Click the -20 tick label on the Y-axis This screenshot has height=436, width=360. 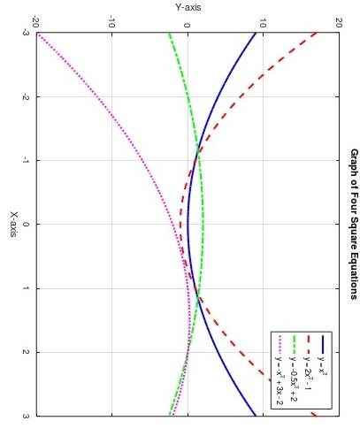(35, 19)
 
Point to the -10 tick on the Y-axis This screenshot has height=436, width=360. (111, 19)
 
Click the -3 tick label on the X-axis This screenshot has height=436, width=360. (25, 33)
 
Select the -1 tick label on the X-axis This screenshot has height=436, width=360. (25, 160)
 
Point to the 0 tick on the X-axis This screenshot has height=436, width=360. (25, 225)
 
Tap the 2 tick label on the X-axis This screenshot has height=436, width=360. (25, 352)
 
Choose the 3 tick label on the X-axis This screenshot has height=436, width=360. (25, 416)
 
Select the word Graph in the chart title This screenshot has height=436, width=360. (353, 163)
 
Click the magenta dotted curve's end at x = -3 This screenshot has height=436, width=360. (36, 34)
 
